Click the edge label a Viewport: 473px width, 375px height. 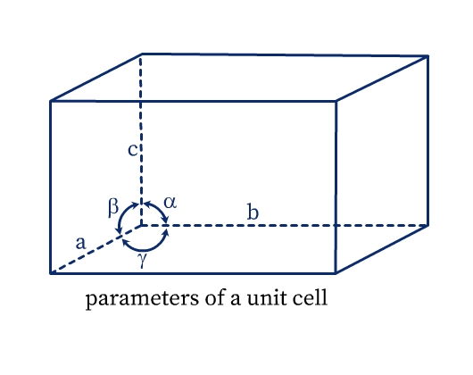pyautogui.click(x=80, y=243)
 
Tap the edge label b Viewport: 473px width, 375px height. pyautogui.click(x=253, y=212)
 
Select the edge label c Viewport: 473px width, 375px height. pyautogui.click(x=132, y=150)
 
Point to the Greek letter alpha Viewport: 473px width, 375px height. pyautogui.click(x=170, y=203)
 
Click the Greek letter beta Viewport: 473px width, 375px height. pyautogui.click(x=113, y=207)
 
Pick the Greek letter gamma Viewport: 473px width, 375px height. pyautogui.click(x=143, y=260)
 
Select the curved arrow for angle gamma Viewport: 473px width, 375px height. pyautogui.click(x=145, y=249)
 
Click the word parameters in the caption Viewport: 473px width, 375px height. pyautogui.click(x=143, y=299)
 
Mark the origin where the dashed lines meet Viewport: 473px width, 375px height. pyautogui.click(x=141, y=225)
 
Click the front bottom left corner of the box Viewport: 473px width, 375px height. pyautogui.click(x=51, y=273)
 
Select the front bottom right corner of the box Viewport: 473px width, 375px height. pyautogui.click(x=336, y=273)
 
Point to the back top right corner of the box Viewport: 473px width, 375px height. pyautogui.click(x=427, y=56)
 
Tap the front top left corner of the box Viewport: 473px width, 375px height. pyautogui.click(x=51, y=101)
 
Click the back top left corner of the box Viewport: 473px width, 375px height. pyautogui.click(x=141, y=54)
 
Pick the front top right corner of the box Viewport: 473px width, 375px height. pyautogui.click(x=336, y=102)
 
